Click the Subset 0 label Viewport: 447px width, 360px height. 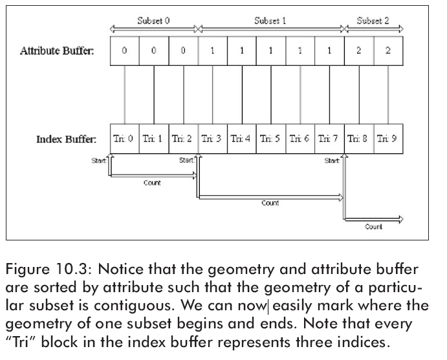(x=153, y=21)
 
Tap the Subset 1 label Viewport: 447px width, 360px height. (x=270, y=21)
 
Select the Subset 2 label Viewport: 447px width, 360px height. (x=373, y=21)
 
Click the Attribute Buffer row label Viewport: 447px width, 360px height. (x=57, y=50)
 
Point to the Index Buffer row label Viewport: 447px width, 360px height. (x=66, y=139)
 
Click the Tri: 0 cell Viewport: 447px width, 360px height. (x=125, y=139)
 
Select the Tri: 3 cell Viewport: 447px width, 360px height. (x=213, y=139)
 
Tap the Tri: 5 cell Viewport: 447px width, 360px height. (x=271, y=139)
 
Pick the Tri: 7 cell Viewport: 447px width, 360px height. (x=329, y=139)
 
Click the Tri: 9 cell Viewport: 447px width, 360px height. (x=388, y=139)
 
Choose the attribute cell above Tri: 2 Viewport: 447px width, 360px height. (x=183, y=51)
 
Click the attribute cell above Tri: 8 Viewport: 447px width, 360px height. (x=359, y=51)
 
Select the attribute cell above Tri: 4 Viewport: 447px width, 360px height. (x=242, y=51)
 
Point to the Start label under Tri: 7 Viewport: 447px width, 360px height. (x=332, y=161)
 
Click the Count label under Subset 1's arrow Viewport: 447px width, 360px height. (x=270, y=203)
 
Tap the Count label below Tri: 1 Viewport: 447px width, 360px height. (x=152, y=183)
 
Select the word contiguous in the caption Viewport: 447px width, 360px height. (x=134, y=306)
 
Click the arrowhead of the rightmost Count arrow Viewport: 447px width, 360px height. (x=400, y=219)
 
